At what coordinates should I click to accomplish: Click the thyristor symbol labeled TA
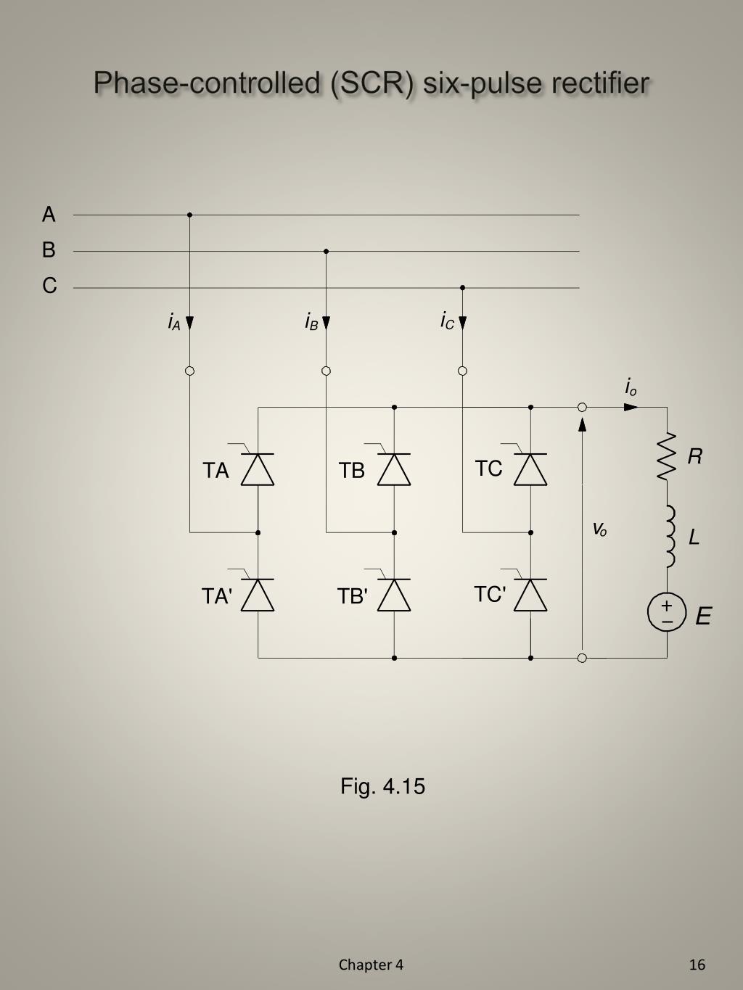coord(258,469)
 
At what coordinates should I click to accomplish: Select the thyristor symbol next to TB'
coord(394,595)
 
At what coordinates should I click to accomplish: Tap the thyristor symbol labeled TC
coord(530,469)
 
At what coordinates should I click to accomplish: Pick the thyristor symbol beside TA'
coord(258,595)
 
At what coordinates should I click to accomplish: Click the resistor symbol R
coord(667,457)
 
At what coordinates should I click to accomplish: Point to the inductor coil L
coord(669,537)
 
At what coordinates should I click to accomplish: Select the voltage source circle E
coord(667,613)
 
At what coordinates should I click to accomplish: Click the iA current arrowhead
coord(189,323)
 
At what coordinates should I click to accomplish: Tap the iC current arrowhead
coord(462,323)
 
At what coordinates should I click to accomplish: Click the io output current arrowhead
coord(631,407)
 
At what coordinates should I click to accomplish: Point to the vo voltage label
coord(599,529)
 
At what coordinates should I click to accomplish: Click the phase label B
coord(49,250)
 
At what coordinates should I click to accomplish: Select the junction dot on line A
coord(189,215)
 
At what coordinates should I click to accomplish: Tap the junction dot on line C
coord(462,288)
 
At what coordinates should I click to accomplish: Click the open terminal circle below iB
coord(326,371)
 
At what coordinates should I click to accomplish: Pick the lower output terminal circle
coord(582,658)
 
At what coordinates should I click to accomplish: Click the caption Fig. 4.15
coord(382,786)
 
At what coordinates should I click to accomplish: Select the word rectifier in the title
coord(600,83)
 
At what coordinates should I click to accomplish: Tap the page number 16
coord(697,965)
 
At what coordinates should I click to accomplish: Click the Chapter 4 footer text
coord(371,965)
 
